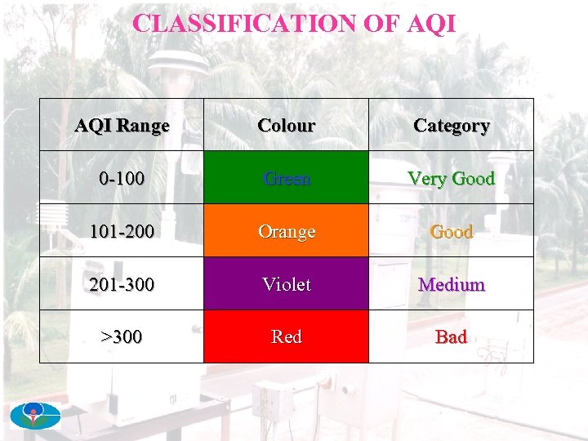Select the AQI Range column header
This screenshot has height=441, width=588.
122,126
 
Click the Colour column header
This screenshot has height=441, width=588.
286,126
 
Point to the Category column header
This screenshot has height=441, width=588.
451,126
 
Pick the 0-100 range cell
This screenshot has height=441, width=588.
122,178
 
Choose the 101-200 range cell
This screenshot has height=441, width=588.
122,231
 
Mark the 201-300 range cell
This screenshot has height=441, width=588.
122,284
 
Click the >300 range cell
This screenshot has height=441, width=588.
122,336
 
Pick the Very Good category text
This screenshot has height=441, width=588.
451,178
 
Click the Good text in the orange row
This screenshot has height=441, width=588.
451,231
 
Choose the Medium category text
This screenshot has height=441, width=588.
451,284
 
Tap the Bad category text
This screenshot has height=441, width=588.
451,336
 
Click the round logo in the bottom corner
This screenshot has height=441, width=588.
35,416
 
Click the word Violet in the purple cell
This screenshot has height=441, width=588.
286,284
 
